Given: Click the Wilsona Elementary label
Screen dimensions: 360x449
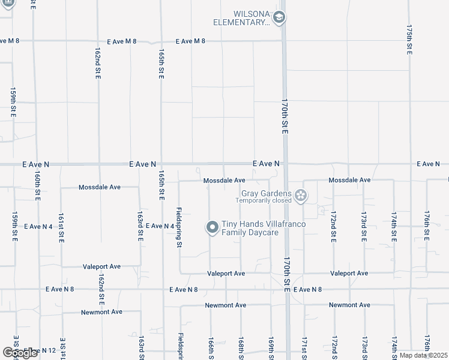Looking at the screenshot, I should point(241,18).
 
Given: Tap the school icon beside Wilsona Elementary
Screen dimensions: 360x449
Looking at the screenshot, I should point(279,18).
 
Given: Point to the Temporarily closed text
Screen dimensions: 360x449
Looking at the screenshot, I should point(264,200).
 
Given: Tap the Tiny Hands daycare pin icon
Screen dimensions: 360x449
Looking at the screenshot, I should point(212,227).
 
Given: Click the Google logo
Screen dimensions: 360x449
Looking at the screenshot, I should point(20,352).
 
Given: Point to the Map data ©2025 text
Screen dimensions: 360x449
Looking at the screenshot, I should point(423,355).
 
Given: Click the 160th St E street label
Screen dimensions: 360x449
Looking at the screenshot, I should point(37,188).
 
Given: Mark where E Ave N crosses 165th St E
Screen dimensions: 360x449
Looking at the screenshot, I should point(161,163).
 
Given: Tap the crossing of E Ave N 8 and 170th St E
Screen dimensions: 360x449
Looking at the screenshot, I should point(286,289).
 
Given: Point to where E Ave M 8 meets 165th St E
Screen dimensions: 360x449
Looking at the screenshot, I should point(160,41).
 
